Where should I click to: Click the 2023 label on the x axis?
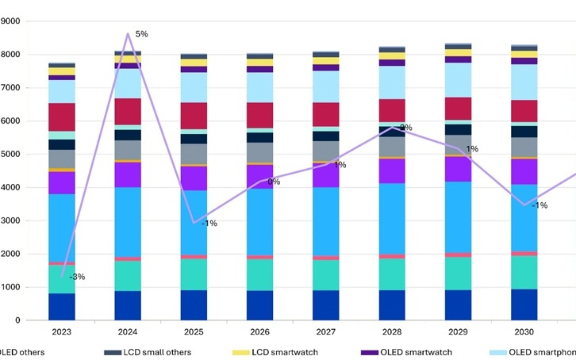click(61, 331)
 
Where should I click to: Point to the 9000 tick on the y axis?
click(12, 21)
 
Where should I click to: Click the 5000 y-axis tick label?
click(12, 154)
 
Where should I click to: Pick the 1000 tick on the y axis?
click(12, 287)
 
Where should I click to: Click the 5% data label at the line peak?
click(141, 34)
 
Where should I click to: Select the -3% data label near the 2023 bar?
click(77, 277)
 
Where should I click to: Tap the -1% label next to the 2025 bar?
click(209, 224)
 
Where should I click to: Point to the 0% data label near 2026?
click(273, 182)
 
